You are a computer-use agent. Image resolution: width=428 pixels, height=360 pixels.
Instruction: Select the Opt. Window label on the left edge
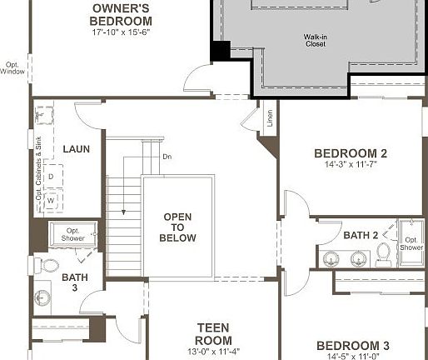(13, 67)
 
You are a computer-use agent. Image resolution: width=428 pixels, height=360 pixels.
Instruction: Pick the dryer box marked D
(51, 177)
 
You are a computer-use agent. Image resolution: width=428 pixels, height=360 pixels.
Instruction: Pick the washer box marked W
(51, 200)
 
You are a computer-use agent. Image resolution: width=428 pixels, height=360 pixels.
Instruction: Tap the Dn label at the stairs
(167, 157)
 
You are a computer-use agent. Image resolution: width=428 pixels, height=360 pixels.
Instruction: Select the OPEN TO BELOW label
(180, 227)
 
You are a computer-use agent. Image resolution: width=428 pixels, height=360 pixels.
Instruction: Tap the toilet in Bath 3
(49, 266)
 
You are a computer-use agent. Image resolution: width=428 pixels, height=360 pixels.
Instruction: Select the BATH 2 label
(361, 236)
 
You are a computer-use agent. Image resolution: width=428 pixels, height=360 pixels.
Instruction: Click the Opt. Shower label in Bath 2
(412, 242)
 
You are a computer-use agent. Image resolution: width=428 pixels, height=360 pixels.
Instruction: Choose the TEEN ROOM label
(213, 333)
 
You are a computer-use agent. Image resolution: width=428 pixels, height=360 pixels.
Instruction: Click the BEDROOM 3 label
(353, 345)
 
